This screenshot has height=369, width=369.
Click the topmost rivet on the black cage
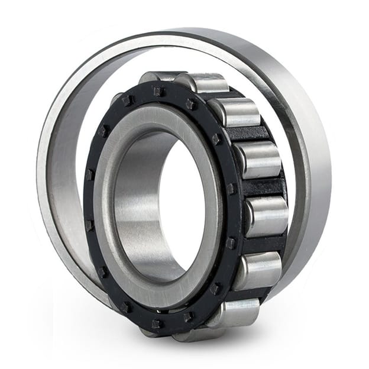pos(158,90)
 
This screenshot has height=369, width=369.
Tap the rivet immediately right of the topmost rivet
pos(190,104)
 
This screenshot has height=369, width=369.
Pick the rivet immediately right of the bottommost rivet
pos(188,316)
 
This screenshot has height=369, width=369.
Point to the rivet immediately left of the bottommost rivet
pos(126,307)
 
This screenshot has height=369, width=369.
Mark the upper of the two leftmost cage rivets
pos(90,175)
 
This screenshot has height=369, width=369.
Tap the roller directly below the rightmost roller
pos(258,270)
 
